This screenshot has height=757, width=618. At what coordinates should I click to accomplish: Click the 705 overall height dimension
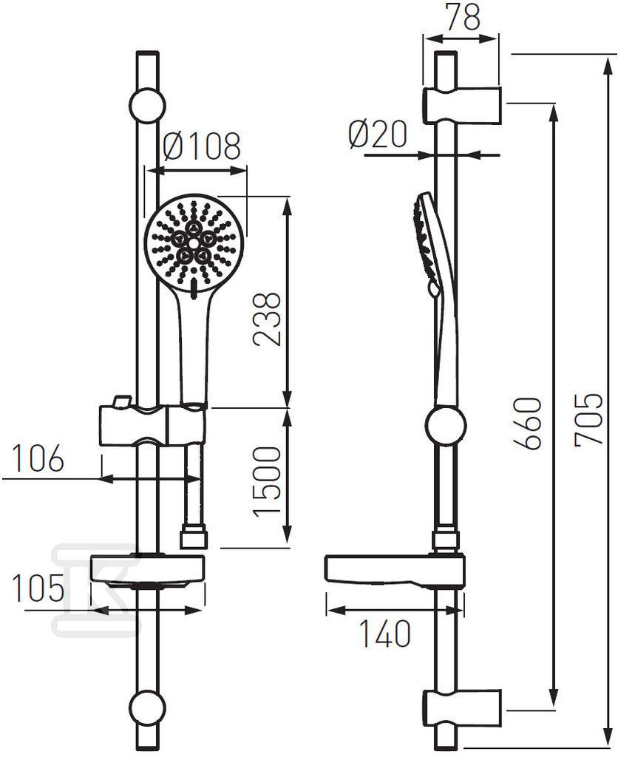tap(589, 418)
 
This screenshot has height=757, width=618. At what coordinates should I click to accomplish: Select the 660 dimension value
tap(528, 424)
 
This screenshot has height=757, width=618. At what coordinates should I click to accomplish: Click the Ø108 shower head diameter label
tap(202, 146)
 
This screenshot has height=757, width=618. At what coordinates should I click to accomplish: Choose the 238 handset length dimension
tap(267, 319)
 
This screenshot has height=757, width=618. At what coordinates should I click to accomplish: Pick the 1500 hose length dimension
tap(267, 482)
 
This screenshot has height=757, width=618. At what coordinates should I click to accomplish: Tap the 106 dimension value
tap(38, 458)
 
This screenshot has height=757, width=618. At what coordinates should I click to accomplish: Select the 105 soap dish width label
tap(38, 588)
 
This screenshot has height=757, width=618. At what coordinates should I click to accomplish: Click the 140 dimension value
tap(385, 634)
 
